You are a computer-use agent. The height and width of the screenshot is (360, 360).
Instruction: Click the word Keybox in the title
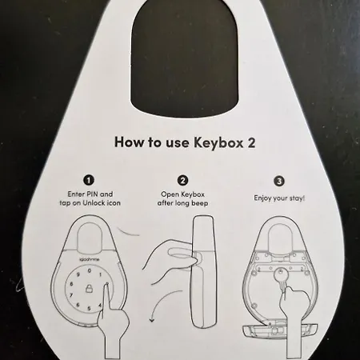click(x=218, y=142)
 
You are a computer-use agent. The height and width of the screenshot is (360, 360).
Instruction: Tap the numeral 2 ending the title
click(x=251, y=142)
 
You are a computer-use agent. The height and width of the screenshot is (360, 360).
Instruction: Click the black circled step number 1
click(x=89, y=180)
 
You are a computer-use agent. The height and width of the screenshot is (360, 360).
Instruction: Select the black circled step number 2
click(x=182, y=181)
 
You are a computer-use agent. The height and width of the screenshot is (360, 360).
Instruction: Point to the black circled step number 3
click(x=279, y=182)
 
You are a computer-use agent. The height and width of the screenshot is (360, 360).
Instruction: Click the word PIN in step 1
click(x=93, y=194)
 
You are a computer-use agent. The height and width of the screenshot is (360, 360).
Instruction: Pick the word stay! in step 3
click(x=297, y=198)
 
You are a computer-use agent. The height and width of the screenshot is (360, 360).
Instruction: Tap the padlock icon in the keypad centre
click(x=89, y=288)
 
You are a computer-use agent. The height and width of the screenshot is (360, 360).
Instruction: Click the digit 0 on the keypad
click(x=89, y=271)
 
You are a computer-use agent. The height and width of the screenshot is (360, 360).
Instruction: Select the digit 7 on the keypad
click(x=71, y=295)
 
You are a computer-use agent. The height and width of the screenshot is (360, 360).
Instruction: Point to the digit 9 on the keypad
click(x=78, y=274)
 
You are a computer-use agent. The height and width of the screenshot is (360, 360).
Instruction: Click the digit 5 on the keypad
click(x=89, y=308)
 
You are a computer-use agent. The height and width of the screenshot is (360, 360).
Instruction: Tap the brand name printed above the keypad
click(x=89, y=259)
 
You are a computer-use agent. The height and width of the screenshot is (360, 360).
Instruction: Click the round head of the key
click(x=280, y=274)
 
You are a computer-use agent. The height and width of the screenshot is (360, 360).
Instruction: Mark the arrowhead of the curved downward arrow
click(x=152, y=320)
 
